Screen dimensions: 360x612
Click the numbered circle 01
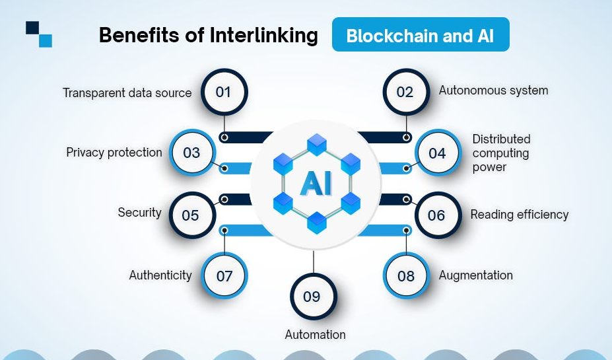[224, 92]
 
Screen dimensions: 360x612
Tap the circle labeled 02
[405, 92]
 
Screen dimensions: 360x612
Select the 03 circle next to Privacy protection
[191, 153]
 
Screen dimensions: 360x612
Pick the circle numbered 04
[437, 153]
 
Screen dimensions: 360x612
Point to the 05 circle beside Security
[191, 215]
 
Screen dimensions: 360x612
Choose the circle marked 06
[436, 215]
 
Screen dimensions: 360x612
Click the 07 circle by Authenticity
[224, 275]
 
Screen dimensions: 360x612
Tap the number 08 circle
[406, 275]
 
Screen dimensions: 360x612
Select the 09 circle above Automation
[312, 297]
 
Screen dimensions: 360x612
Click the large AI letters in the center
[316, 184]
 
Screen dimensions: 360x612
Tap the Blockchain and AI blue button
[421, 35]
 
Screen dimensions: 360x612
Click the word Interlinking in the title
[264, 35]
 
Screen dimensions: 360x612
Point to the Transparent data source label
[127, 93]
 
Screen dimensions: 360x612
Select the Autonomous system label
[493, 90]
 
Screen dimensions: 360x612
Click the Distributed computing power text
[501, 153]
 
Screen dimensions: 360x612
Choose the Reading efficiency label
[519, 215]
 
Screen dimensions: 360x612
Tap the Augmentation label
[475, 275]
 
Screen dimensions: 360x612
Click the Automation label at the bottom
[315, 335]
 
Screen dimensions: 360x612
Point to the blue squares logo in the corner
[39, 34]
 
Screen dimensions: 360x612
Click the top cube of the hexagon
[317, 143]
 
